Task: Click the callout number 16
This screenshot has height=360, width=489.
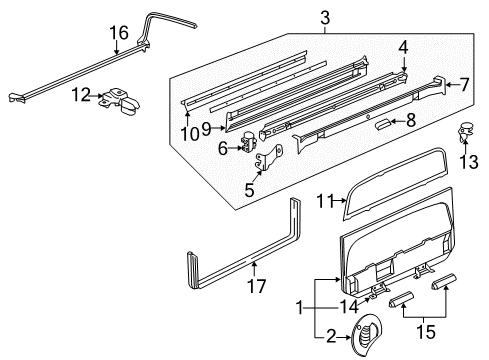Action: point(118,33)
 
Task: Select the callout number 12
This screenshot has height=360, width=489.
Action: point(81,95)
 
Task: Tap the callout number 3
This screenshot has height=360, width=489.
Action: point(325,17)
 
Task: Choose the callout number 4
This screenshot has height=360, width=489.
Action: point(403,46)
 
